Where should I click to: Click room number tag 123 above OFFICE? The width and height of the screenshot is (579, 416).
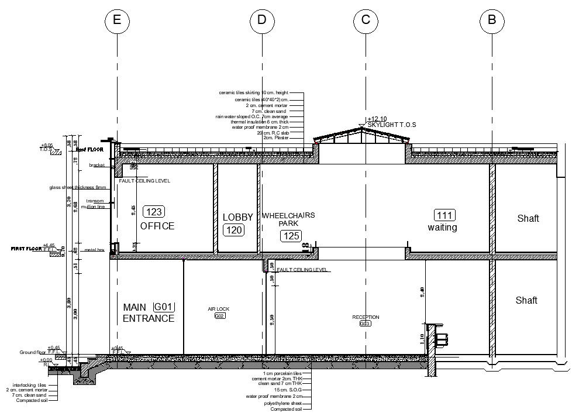point(154,212)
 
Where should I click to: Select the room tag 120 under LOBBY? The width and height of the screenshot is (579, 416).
point(234,230)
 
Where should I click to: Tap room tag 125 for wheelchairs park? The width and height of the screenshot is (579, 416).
point(291,236)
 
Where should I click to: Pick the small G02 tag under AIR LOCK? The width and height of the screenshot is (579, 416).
point(220,316)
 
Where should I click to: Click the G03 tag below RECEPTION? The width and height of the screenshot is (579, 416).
point(366,323)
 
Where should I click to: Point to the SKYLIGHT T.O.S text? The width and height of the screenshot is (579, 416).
point(391,125)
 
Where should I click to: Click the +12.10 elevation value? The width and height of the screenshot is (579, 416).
point(378,119)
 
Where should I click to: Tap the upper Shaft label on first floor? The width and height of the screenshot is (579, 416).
point(528,219)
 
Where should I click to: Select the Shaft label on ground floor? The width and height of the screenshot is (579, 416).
point(526,300)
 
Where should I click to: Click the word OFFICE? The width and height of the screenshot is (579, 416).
point(157,226)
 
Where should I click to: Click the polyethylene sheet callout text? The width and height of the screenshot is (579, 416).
point(282,403)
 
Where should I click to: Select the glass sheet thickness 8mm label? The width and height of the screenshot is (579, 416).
point(78,188)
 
